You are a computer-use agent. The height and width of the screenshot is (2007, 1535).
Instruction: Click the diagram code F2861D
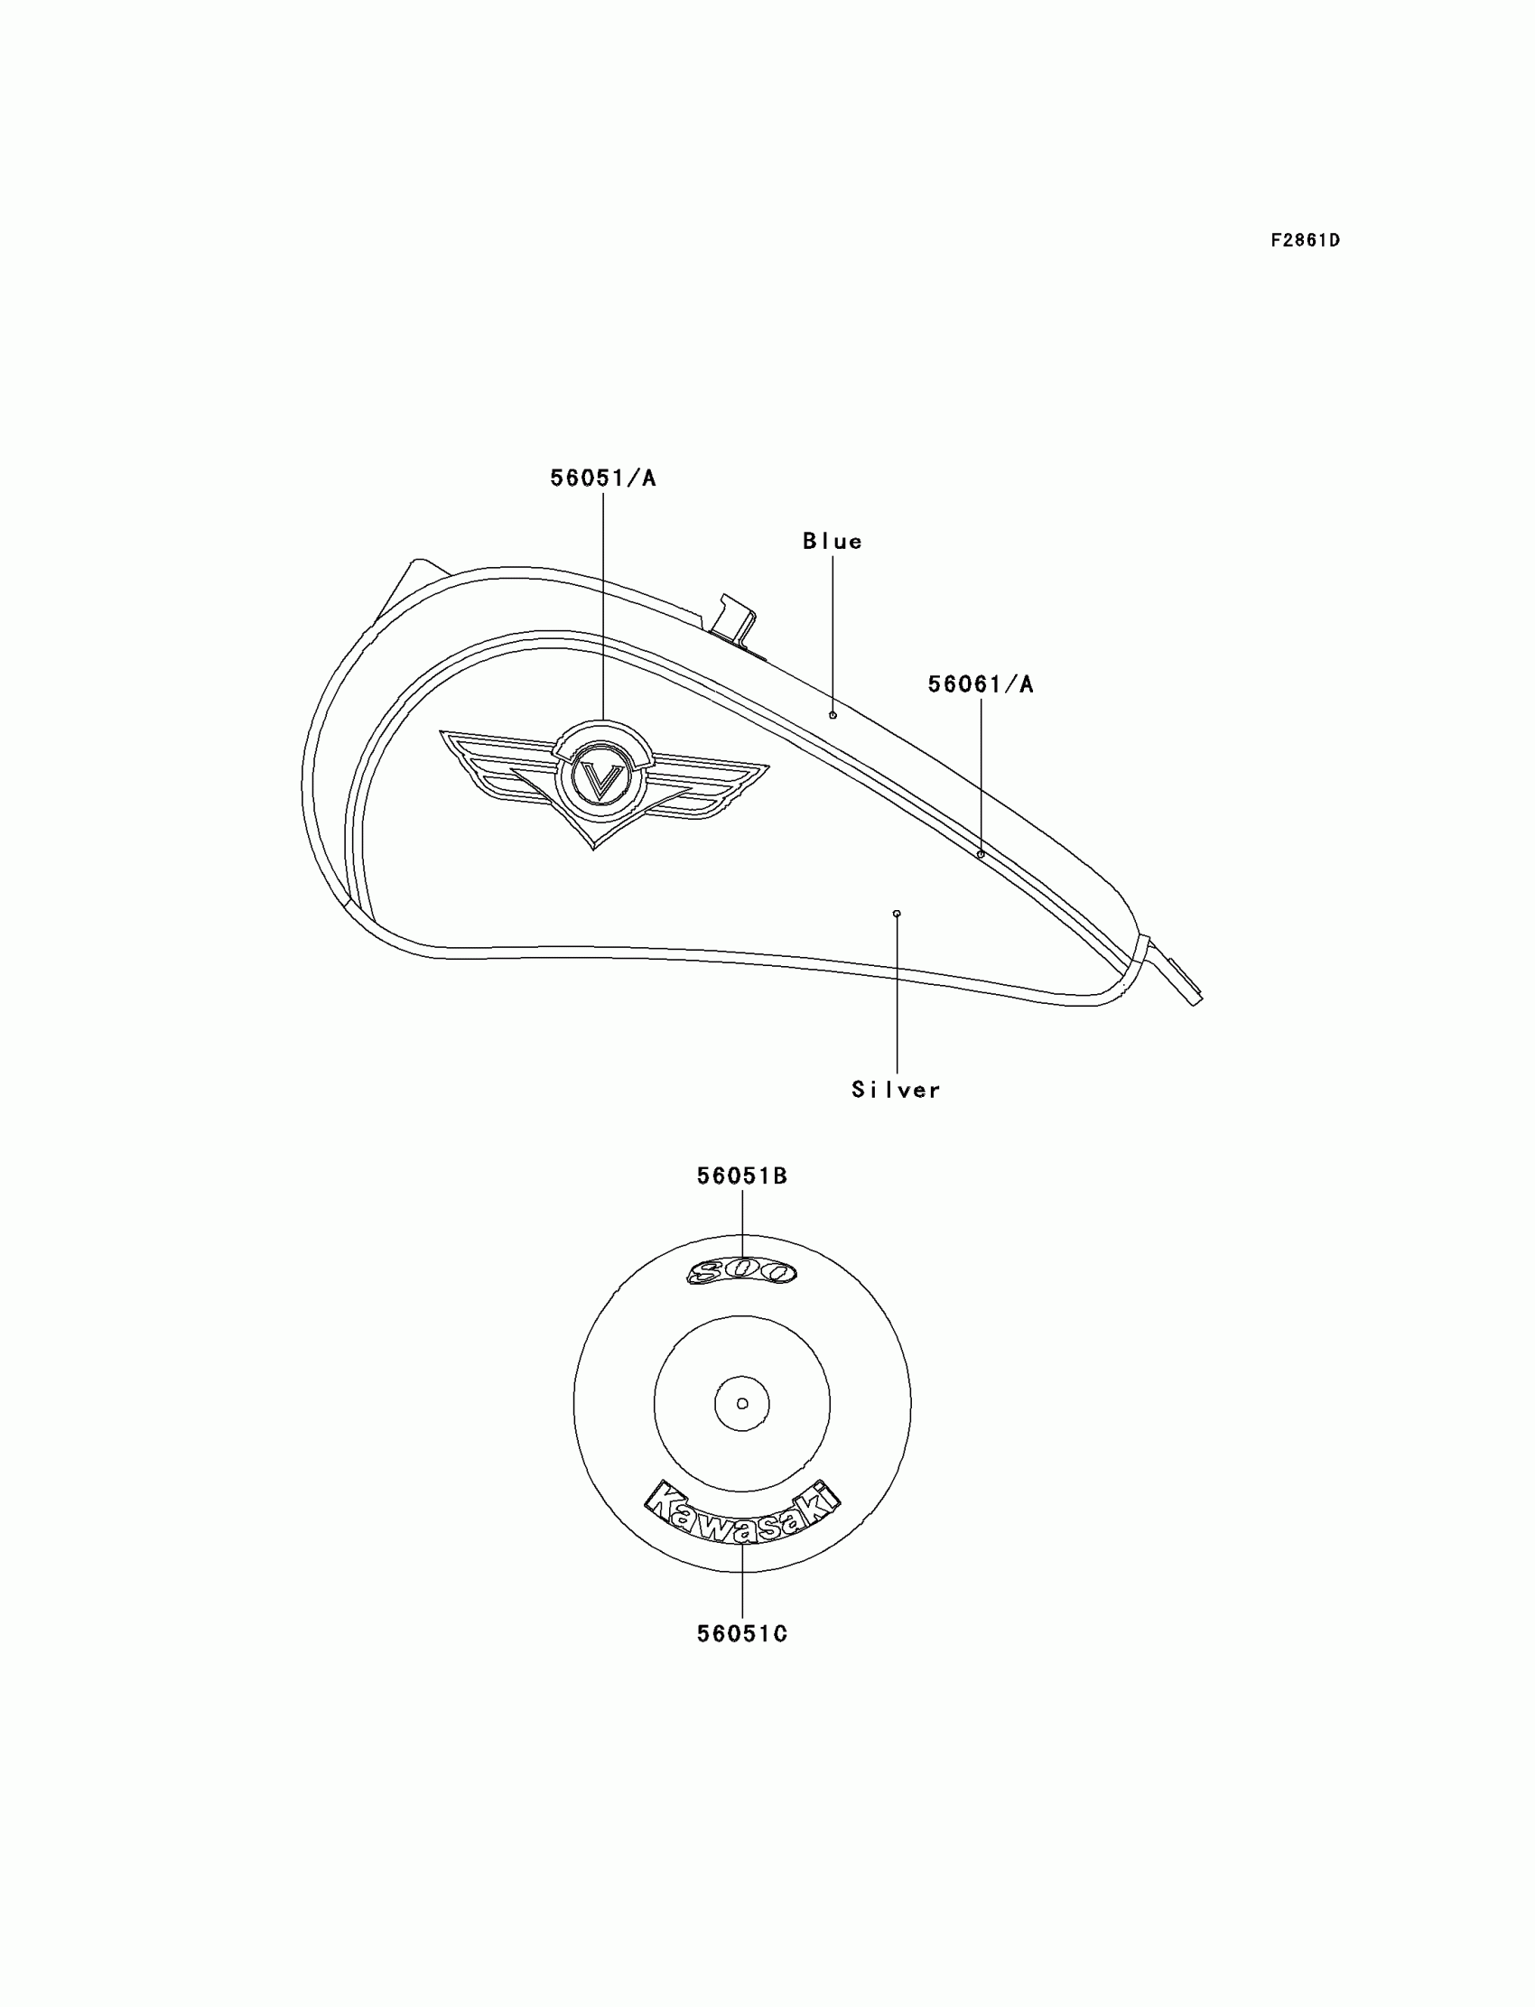(x=1305, y=240)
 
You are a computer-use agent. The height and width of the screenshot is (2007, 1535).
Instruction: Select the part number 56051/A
(x=603, y=478)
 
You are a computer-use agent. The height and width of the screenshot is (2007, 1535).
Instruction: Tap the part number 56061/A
(x=981, y=684)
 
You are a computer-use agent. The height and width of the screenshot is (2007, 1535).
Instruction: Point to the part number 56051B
(x=742, y=1175)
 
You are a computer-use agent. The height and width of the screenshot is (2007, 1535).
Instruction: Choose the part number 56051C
(x=742, y=1633)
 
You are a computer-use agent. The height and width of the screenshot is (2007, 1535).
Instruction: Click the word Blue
(x=833, y=542)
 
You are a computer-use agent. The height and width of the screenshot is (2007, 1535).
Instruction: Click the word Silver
(x=896, y=1090)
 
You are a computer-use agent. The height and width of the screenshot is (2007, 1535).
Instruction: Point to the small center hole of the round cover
(x=742, y=1403)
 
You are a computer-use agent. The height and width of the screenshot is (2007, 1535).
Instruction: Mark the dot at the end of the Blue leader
(x=833, y=715)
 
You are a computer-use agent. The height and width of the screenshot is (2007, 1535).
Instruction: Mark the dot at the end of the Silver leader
(x=897, y=914)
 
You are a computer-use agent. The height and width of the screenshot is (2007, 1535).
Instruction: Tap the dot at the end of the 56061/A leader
(x=981, y=854)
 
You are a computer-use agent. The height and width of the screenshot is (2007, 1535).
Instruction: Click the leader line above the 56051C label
(x=742, y=1581)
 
